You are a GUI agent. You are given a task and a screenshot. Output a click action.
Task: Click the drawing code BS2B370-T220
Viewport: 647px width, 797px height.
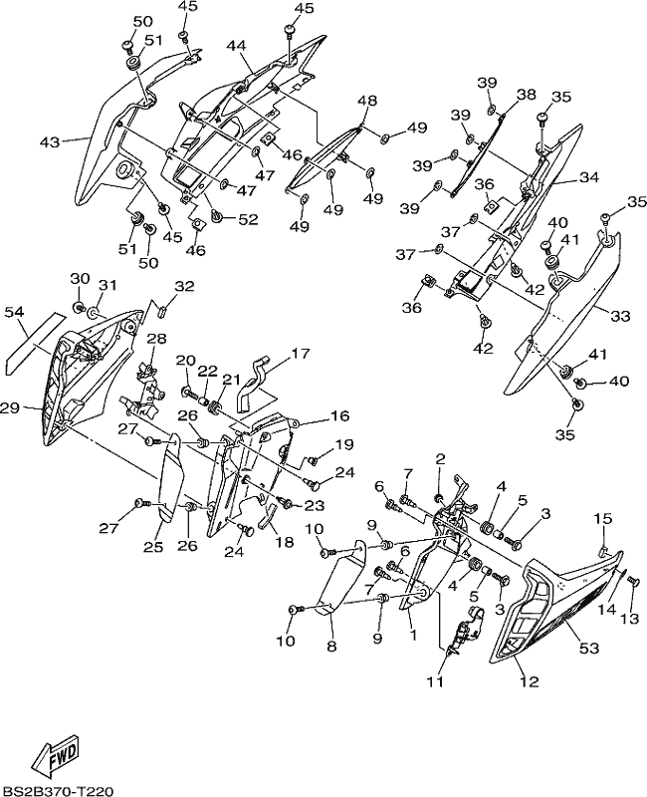click(57, 790)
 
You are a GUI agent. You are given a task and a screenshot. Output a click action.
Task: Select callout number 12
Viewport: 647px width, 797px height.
click(529, 681)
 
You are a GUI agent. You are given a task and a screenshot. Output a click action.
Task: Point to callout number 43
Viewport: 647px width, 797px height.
click(51, 141)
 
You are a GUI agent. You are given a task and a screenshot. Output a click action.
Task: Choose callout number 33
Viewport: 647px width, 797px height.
click(619, 316)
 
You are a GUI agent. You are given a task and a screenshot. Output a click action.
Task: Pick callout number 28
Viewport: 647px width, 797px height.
click(157, 339)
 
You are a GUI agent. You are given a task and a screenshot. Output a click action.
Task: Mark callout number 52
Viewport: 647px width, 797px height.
click(247, 219)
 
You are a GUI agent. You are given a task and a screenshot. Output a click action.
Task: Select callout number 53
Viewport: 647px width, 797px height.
click(589, 649)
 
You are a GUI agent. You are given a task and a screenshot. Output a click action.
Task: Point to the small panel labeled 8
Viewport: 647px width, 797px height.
click(342, 579)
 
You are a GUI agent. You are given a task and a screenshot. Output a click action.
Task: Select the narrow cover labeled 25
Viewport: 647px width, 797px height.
click(169, 477)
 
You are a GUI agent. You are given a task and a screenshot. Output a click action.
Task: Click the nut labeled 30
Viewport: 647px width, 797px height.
click(80, 307)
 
